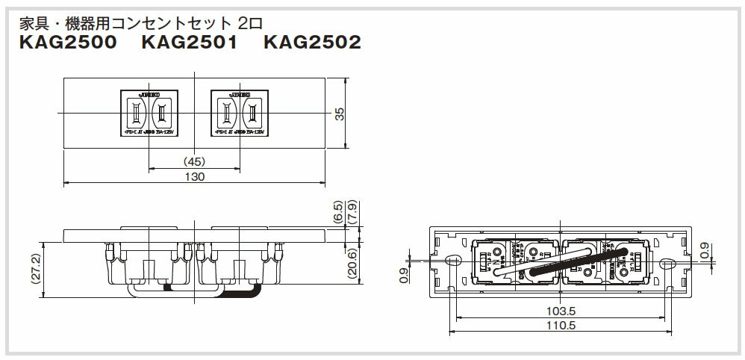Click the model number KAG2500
pyautogui.click(x=68, y=43)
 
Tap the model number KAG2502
pyautogui.click(x=312, y=43)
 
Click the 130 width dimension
pyautogui.click(x=194, y=176)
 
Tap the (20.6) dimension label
pyautogui.click(x=353, y=261)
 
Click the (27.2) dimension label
pyautogui.click(x=28, y=267)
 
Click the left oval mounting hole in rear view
pyautogui.click(x=452, y=261)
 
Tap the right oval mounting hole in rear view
pyautogui.click(x=667, y=261)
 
